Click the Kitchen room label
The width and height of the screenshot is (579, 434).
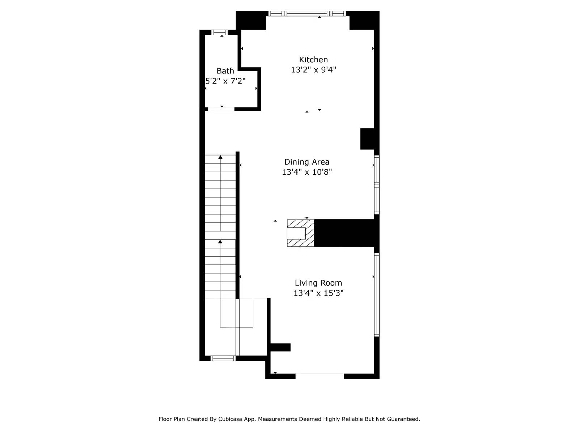[313, 60]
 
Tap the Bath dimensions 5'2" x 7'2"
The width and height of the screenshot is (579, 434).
[225, 81]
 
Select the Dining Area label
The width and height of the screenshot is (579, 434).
[307, 162]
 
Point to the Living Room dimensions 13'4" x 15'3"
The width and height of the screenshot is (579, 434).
[318, 293]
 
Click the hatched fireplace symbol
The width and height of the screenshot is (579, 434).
[300, 233]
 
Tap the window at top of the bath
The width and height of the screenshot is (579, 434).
[220, 32]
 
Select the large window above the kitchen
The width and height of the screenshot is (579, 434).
[307, 14]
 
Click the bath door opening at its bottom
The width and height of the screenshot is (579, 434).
[221, 109]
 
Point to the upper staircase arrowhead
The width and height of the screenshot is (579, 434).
[220, 157]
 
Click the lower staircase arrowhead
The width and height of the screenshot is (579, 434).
[220, 241]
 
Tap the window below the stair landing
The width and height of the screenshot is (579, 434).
[223, 358]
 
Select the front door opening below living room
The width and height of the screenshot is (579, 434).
[320, 376]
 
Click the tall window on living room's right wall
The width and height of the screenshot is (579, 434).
[377, 295]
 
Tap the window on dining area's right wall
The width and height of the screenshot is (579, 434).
[377, 184]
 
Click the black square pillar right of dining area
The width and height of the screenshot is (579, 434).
[368, 139]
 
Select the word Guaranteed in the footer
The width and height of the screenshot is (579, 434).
[403, 419]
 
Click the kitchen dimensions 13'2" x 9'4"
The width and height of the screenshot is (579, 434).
[313, 70]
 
